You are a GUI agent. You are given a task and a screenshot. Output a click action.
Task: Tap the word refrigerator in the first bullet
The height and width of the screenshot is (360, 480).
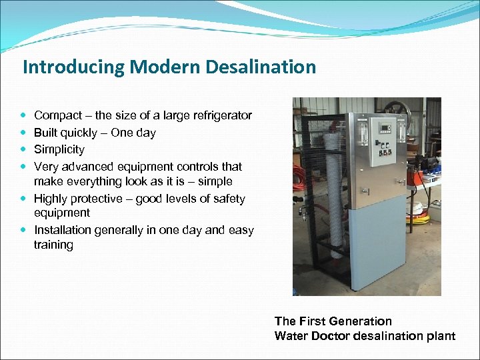(x=219, y=115)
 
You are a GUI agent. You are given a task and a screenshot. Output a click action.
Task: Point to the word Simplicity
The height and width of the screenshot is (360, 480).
(x=59, y=149)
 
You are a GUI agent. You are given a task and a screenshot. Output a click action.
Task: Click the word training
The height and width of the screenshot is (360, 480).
(x=53, y=245)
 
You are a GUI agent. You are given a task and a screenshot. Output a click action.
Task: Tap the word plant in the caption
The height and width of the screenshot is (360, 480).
(x=441, y=335)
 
